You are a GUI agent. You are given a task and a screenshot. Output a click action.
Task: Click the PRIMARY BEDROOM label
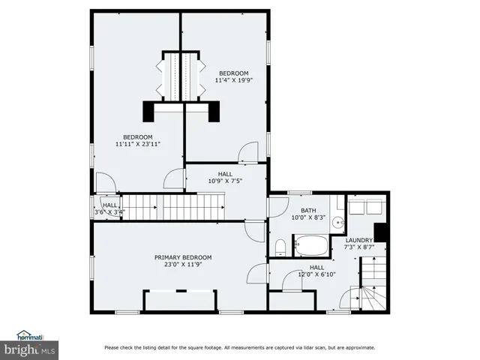[x=178, y=256]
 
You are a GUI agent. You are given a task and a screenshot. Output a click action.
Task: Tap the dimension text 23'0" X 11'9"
[x=178, y=264]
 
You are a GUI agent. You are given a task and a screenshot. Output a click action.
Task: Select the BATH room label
[x=308, y=211]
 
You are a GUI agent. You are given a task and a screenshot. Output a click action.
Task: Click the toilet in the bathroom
[x=279, y=247]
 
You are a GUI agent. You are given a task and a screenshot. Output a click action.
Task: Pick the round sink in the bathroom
[x=338, y=222]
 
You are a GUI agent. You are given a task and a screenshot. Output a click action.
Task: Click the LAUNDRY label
[x=358, y=240]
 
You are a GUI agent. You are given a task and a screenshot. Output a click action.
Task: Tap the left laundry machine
[x=354, y=205]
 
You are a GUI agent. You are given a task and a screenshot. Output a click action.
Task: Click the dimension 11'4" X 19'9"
[x=233, y=80]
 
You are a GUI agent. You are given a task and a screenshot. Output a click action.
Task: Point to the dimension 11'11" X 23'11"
[x=139, y=143]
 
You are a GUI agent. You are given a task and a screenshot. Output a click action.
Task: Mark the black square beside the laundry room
[x=380, y=232]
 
